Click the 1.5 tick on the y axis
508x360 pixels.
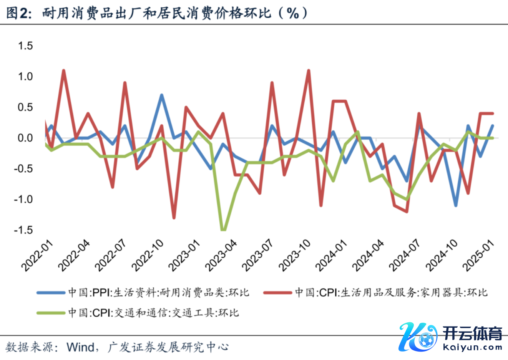[x=25, y=46]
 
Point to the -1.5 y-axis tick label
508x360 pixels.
[x=23, y=230]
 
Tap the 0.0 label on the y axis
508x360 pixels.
[x=25, y=138]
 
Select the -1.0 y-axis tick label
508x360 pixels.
[x=23, y=199]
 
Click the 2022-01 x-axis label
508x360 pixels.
[x=38, y=255]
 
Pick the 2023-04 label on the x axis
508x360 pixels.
[x=221, y=255]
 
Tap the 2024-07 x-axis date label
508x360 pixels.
[x=405, y=255]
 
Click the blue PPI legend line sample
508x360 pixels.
[x=51, y=293]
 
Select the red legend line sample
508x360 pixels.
[x=277, y=293]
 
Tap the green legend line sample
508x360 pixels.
[x=51, y=313]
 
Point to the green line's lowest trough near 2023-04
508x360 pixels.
[x=223, y=230]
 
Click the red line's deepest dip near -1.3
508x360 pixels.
[x=174, y=218]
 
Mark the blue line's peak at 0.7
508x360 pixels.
[x=162, y=95]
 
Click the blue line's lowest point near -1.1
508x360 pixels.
[x=456, y=205]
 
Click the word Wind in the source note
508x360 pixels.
[x=81, y=347]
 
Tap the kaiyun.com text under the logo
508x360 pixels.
[x=472, y=348]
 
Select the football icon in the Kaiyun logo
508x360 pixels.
[x=425, y=340]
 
